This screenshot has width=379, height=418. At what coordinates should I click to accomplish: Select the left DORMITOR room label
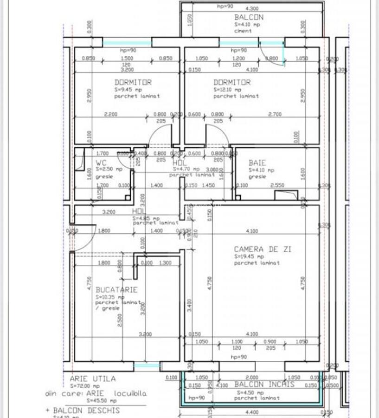click(x=133, y=82)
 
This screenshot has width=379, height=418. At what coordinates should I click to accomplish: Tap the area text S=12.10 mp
click(x=227, y=90)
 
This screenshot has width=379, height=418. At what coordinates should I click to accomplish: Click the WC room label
click(x=101, y=163)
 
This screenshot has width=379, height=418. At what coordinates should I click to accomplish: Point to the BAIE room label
click(x=257, y=163)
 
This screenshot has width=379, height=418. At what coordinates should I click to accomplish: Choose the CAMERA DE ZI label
click(x=263, y=249)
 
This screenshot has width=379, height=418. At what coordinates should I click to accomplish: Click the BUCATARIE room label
click(x=116, y=290)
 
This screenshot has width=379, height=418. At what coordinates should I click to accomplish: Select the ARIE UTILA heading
click(x=93, y=379)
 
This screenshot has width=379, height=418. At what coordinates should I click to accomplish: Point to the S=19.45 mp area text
click(x=249, y=256)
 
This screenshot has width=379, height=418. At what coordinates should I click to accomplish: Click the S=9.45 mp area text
click(x=127, y=89)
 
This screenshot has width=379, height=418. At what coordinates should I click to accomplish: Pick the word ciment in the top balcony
click(x=243, y=31)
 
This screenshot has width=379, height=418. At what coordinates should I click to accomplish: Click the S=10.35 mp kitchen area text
click(x=110, y=297)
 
